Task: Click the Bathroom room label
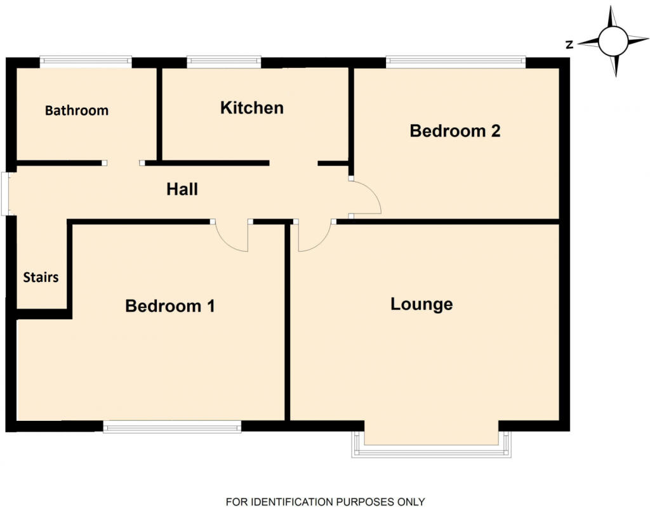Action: coord(77,110)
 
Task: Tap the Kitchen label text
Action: coord(252,108)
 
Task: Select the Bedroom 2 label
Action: coord(455,131)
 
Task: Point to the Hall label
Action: coord(182,189)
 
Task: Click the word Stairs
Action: coord(41,277)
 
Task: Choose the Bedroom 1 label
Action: coord(170,306)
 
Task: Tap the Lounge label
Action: coord(421,304)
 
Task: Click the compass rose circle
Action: coord(613,41)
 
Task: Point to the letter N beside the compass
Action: coord(569,44)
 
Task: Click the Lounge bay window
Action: coord(431,451)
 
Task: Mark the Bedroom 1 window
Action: coord(172,427)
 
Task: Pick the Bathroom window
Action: coord(86,62)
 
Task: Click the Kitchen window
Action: coord(224,62)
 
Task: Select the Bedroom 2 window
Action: coord(456,62)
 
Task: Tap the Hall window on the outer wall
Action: coord(6,194)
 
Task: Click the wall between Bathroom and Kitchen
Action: coord(159,114)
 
